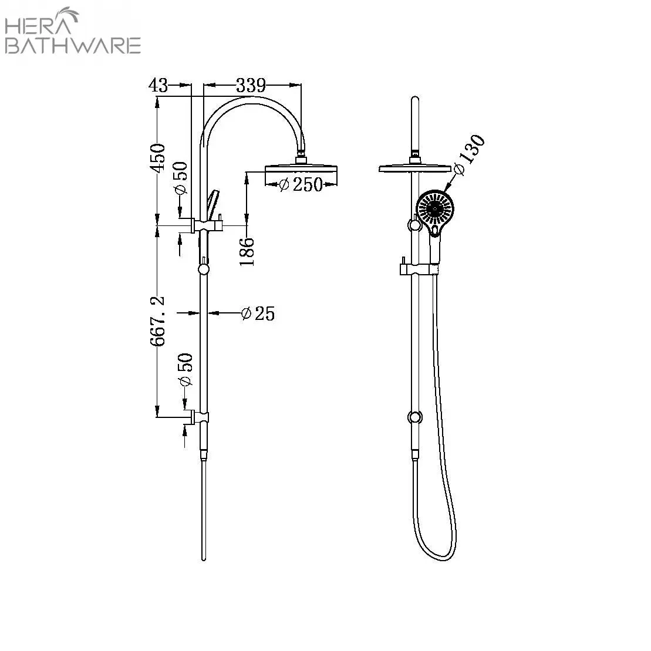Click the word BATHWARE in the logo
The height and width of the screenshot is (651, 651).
coord(72,45)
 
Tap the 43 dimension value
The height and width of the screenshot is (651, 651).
coord(158,86)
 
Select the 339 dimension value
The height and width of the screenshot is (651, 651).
coord(251,86)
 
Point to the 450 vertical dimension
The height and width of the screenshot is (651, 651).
coord(157,158)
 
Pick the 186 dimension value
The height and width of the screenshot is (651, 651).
coord(247,251)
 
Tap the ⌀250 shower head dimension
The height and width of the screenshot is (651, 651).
coord(301,184)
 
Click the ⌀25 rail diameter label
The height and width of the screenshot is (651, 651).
coord(258,313)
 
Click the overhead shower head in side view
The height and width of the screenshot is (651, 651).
coord(302,170)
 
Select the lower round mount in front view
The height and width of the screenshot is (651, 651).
coord(415,417)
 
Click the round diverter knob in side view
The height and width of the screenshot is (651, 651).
coord(204,269)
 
